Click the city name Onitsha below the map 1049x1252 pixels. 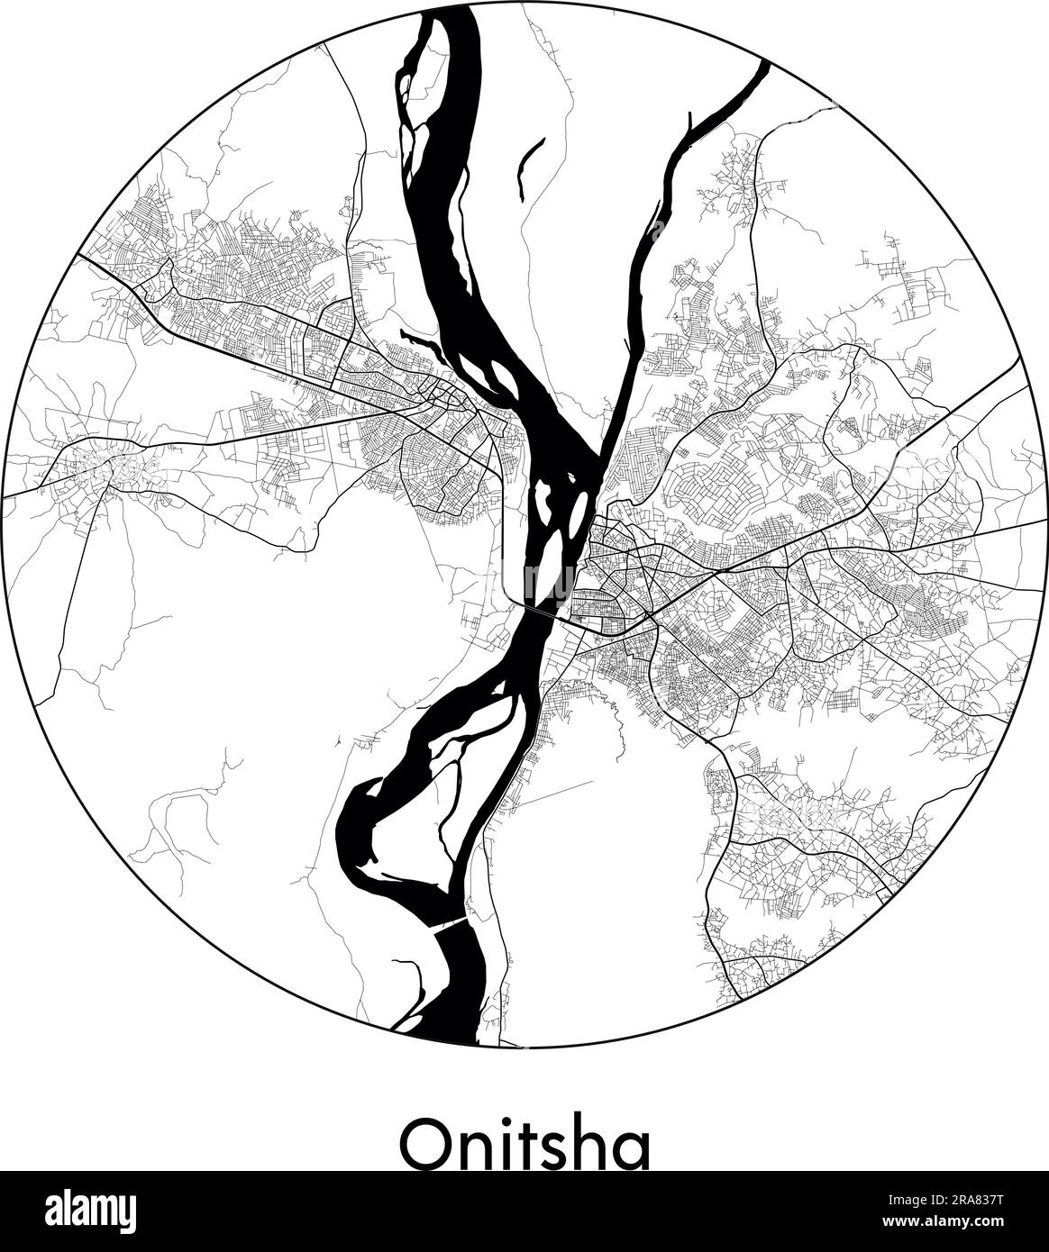coord(524,1141)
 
